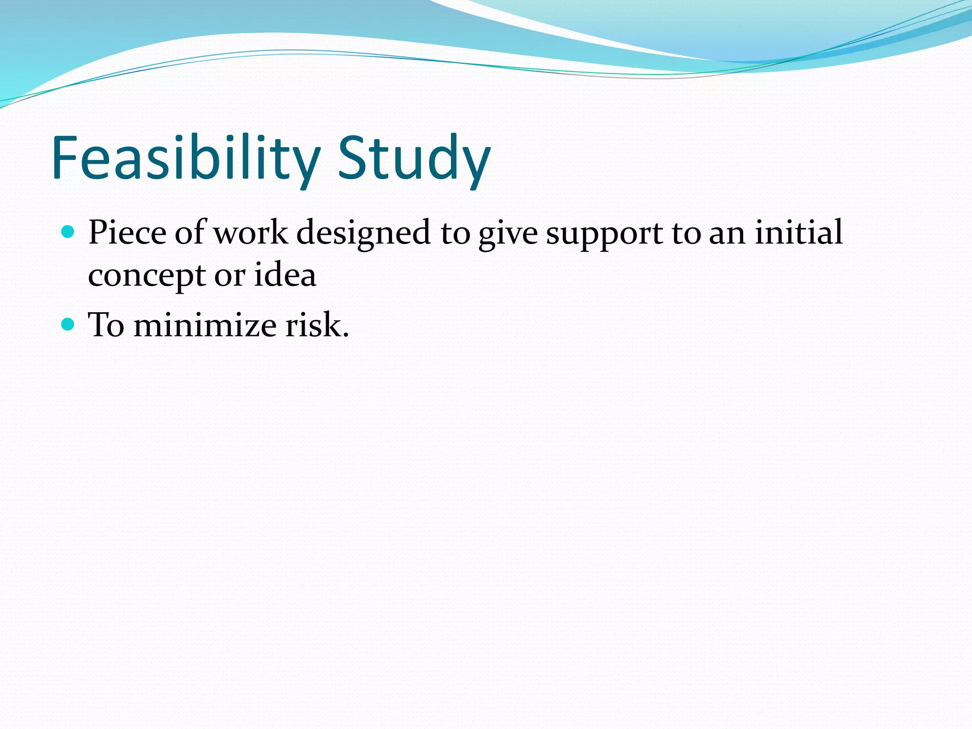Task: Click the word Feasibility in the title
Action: tap(185, 158)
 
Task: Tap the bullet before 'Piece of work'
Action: tap(68, 232)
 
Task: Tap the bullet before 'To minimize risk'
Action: tap(68, 325)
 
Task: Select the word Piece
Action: tap(127, 233)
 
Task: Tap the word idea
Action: tap(285, 275)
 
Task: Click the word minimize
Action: tap(205, 326)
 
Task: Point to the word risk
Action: tap(313, 326)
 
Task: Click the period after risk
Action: tap(346, 335)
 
